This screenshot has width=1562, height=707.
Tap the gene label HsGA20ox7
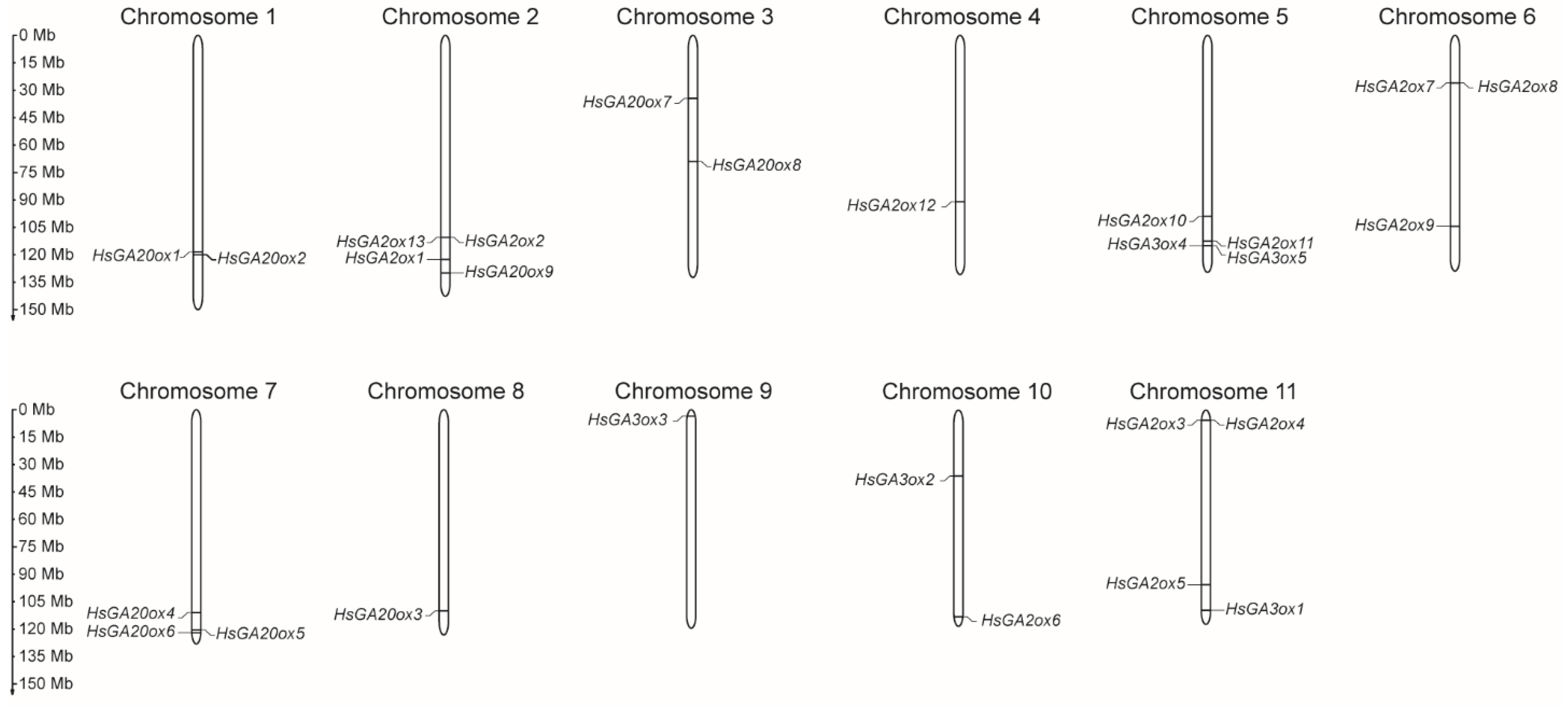627,102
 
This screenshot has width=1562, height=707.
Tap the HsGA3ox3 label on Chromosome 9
627,419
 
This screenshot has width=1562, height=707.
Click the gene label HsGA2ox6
1021,620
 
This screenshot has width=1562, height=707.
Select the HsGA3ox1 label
1264,609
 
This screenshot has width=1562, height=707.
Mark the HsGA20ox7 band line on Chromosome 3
693,98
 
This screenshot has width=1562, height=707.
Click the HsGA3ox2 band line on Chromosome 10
958,476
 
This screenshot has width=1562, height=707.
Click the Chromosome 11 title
1212,391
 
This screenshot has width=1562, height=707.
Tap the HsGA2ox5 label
1145,584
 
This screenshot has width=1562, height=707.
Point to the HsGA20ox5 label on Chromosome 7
260,633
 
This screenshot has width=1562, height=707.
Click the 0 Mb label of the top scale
37,35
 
